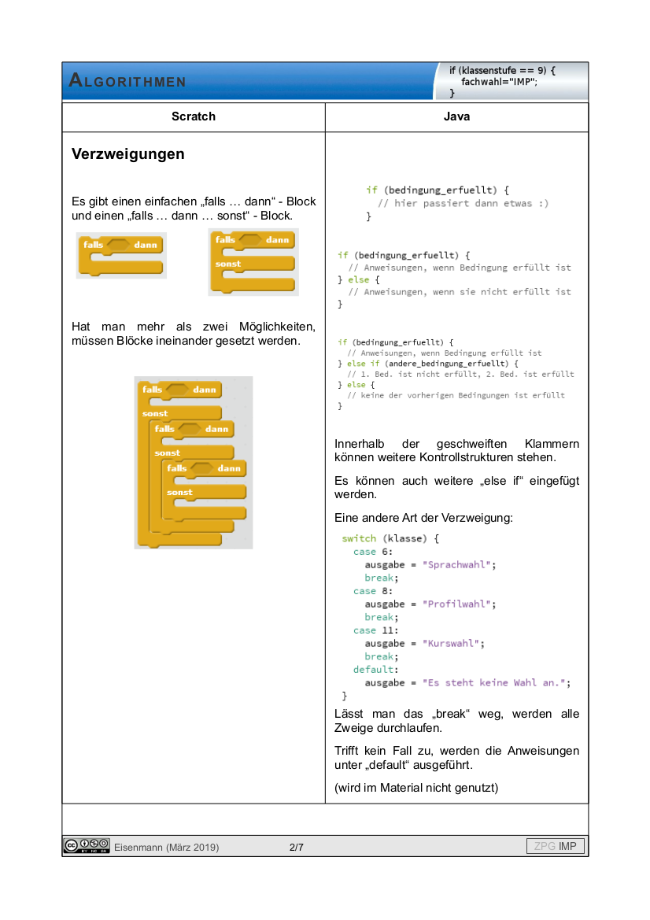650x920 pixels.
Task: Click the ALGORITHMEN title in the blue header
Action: tap(127, 81)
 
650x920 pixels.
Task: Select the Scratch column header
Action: tap(194, 116)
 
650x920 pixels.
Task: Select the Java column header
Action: tap(456, 116)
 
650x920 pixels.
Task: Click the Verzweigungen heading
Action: tap(128, 154)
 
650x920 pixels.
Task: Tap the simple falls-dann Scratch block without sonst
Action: tap(121, 255)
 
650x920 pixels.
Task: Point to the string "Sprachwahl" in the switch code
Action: tap(459, 565)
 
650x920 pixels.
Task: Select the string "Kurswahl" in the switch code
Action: tap(453, 644)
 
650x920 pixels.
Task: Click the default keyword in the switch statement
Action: tap(374, 670)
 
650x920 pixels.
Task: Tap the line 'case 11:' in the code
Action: tap(376, 630)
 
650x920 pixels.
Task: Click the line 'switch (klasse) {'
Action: tap(390, 539)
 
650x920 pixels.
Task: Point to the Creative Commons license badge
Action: tap(87, 847)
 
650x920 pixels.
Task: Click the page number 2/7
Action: tap(297, 848)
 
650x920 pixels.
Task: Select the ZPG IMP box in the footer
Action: tap(556, 847)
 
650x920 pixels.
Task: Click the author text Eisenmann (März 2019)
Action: tap(167, 848)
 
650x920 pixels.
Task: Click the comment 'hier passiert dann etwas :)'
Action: tap(463, 203)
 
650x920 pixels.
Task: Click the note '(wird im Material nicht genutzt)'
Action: tap(416, 788)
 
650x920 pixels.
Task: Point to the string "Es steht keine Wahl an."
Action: tap(496, 683)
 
